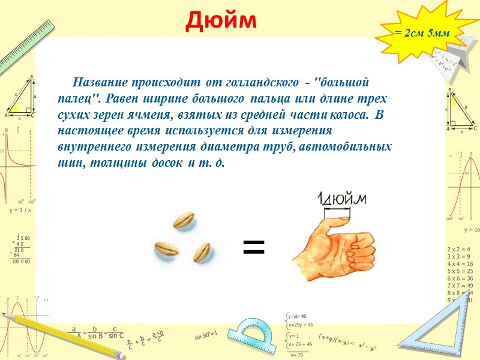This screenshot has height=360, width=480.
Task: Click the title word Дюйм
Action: [221, 20]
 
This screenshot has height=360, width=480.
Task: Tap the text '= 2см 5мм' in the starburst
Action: [422, 34]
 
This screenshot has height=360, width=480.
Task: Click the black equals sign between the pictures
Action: [253, 245]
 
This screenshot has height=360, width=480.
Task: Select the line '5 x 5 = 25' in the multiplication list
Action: [460, 271]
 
